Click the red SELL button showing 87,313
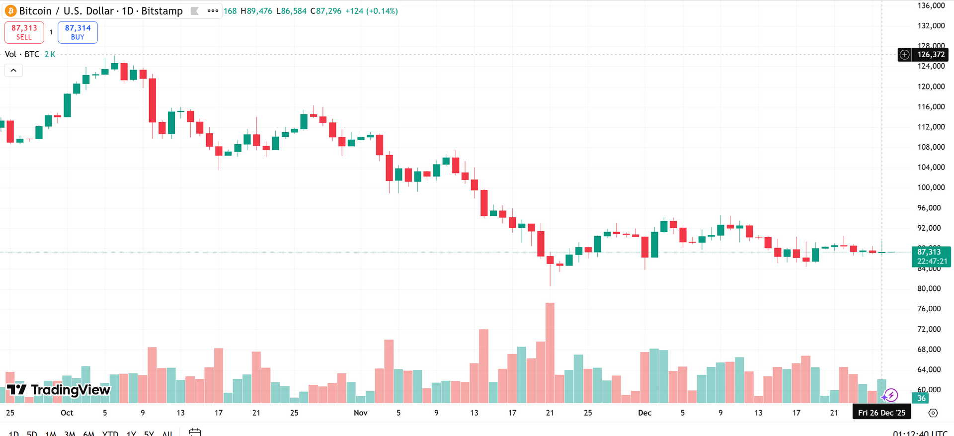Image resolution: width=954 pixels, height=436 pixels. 24,32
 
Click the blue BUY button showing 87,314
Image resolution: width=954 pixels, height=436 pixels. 78,32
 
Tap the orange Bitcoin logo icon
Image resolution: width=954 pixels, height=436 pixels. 10,11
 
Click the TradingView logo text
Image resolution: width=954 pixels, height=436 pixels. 59,390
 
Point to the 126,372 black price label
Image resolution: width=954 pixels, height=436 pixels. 930,55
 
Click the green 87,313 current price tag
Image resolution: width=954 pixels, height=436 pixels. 931,257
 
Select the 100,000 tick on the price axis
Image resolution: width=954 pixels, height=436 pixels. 931,187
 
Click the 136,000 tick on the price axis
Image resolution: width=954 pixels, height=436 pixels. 931,5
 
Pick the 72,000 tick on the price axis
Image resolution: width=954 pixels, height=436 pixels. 929,329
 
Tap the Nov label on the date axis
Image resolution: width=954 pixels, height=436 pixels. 360,413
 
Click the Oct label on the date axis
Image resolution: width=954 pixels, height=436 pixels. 67,413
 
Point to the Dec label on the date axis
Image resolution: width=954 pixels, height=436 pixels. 644,413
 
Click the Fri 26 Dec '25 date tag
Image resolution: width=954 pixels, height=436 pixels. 881,413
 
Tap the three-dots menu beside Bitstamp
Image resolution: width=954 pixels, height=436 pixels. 213,11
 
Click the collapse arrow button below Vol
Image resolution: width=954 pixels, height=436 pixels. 13,71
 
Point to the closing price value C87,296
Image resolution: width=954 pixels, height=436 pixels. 326,11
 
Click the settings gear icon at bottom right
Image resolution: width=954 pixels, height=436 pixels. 933,413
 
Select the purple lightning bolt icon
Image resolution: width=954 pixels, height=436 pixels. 890,395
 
